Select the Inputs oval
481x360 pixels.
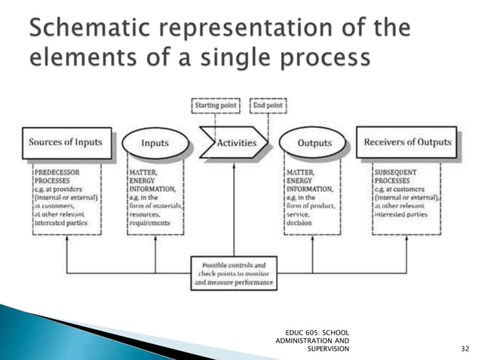tap(155, 142)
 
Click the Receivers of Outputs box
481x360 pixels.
tap(407, 142)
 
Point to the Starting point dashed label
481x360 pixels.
tap(217, 106)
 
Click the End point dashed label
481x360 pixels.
tap(268, 106)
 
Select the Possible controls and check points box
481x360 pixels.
tap(234, 274)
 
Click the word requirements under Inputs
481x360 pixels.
tap(150, 223)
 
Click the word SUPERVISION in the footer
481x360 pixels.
tap(329, 349)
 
